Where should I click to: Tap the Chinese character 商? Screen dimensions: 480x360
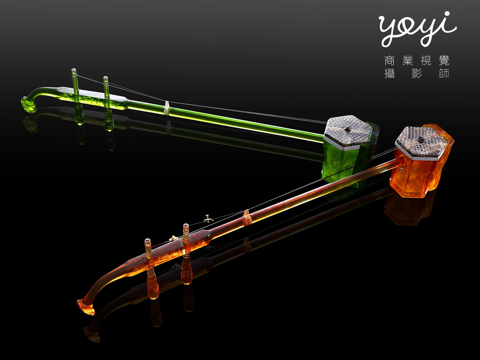pyautogui.click(x=390, y=60)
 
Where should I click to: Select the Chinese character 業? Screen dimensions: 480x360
pyautogui.click(x=408, y=60)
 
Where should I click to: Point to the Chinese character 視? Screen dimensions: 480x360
pyautogui.click(x=426, y=60)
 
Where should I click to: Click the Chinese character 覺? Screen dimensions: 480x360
pyautogui.click(x=444, y=60)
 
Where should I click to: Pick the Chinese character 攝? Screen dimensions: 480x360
pyautogui.click(x=390, y=73)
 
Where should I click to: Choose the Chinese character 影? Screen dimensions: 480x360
pyautogui.click(x=417, y=73)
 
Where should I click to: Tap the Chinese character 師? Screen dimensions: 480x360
pyautogui.click(x=444, y=73)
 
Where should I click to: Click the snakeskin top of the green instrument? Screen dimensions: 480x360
pyautogui.click(x=347, y=131)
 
